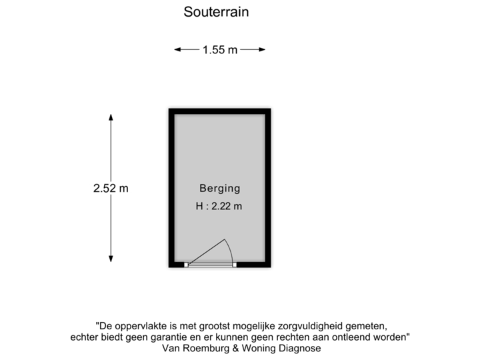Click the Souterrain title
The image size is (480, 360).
(x=215, y=12)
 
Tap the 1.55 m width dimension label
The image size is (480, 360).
(x=219, y=49)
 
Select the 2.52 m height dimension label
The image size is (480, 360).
(x=111, y=189)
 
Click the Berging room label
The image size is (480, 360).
(x=219, y=188)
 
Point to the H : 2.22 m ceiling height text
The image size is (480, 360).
(x=219, y=206)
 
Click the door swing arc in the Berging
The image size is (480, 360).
(x=227, y=248)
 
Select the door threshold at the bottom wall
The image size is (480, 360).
(x=211, y=265)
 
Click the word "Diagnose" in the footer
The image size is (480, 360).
(x=299, y=348)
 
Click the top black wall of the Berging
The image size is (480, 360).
(x=219, y=110)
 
